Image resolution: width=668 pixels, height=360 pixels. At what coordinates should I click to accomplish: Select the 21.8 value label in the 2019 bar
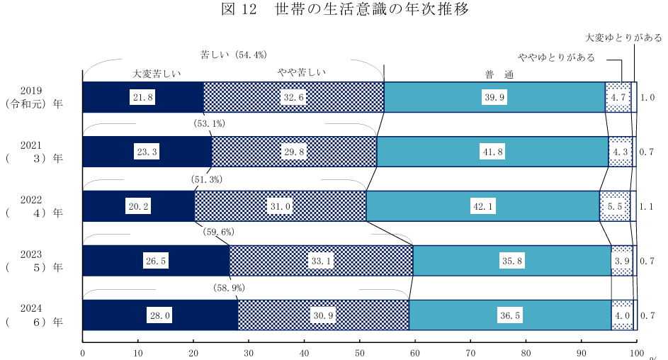tap(142, 98)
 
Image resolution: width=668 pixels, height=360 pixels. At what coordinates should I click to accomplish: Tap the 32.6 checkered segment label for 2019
tap(293, 98)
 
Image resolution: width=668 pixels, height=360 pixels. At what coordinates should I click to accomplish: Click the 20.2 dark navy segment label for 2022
tap(137, 206)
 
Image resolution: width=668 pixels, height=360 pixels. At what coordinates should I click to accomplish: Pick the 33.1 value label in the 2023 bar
tap(321, 261)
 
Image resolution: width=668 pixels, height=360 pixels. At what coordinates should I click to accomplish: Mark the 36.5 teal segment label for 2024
tap(508, 316)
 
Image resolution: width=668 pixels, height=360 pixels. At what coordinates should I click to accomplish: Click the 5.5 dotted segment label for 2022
tap(614, 206)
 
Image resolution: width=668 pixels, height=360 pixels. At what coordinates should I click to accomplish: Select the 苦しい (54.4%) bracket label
tap(233, 55)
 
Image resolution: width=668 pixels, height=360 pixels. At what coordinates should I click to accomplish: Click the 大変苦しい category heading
tap(157, 73)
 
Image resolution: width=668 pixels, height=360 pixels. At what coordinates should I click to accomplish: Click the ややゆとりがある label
tap(556, 57)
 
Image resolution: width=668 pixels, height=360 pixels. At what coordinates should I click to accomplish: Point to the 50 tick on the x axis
tap(360, 352)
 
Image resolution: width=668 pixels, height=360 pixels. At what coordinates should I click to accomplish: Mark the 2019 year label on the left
tap(32, 91)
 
